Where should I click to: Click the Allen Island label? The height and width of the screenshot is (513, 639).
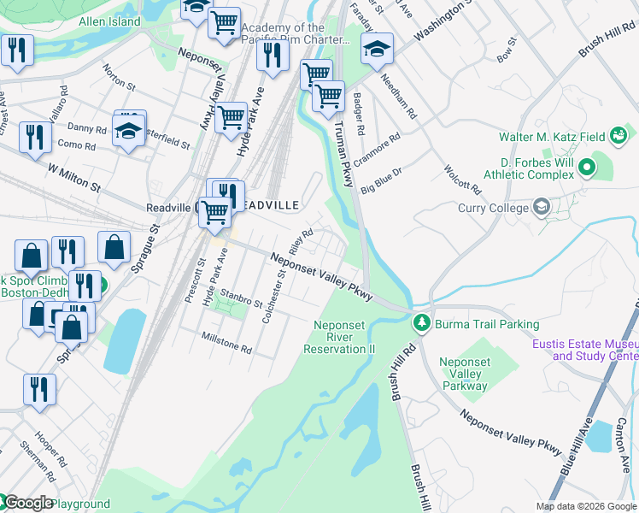(108, 21)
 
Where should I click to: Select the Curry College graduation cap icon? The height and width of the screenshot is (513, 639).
(541, 207)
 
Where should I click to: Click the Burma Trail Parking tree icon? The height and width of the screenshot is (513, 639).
(420, 324)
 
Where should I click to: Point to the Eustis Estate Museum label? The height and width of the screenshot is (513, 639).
(584, 351)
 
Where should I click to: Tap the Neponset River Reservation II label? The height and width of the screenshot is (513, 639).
(344, 337)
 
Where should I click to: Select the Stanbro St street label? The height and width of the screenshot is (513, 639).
(241, 299)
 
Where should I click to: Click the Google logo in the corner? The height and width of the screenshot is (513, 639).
(27, 504)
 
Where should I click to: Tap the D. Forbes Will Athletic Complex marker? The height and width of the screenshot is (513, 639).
(586, 167)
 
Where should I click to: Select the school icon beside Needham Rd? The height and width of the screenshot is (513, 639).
(376, 50)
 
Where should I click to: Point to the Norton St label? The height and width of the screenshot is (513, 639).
(119, 77)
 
